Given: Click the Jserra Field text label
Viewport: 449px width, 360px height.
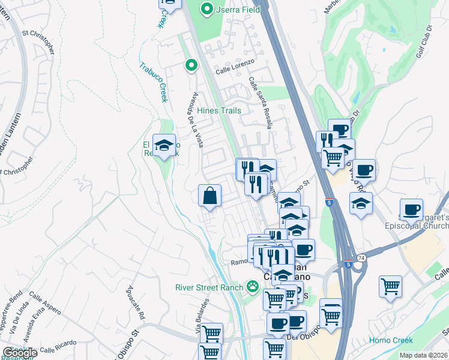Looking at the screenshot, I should pyautogui.click(x=238, y=10).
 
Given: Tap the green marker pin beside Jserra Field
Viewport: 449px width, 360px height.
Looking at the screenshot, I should pyautogui.click(x=206, y=9).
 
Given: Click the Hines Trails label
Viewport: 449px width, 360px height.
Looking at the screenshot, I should pyautogui.click(x=219, y=110).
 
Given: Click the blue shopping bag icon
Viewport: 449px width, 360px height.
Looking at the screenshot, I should pyautogui.click(x=209, y=196).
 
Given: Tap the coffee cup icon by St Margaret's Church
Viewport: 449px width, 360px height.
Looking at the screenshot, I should pyautogui.click(x=411, y=211).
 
